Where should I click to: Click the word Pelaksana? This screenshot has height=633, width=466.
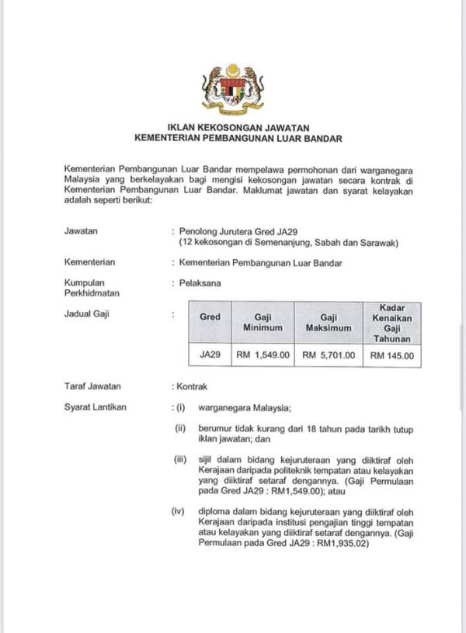pyautogui.click(x=200, y=283)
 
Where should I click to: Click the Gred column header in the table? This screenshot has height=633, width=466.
pyautogui.click(x=210, y=317)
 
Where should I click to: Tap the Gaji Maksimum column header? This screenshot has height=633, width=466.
pyautogui.click(x=328, y=323)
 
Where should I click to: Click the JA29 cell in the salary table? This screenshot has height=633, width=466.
pyautogui.click(x=210, y=356)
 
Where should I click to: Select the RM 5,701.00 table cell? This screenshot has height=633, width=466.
pyautogui.click(x=328, y=356)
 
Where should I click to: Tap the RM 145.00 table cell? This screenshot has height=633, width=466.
pyautogui.click(x=392, y=357)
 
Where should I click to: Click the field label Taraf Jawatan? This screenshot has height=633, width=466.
pyautogui.click(x=92, y=386)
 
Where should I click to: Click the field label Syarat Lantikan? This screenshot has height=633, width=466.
pyautogui.click(x=95, y=406)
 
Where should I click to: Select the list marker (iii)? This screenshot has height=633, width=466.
pyautogui.click(x=180, y=460)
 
